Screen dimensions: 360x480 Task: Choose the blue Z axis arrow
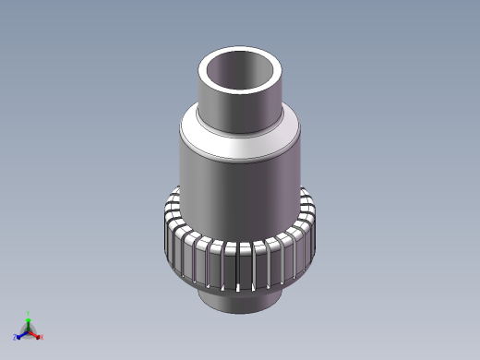21,333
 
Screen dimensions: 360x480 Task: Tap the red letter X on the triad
41,337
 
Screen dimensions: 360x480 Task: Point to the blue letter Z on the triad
16,337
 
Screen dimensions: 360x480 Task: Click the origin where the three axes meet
28,330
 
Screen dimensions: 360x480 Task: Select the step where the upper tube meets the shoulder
238,130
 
